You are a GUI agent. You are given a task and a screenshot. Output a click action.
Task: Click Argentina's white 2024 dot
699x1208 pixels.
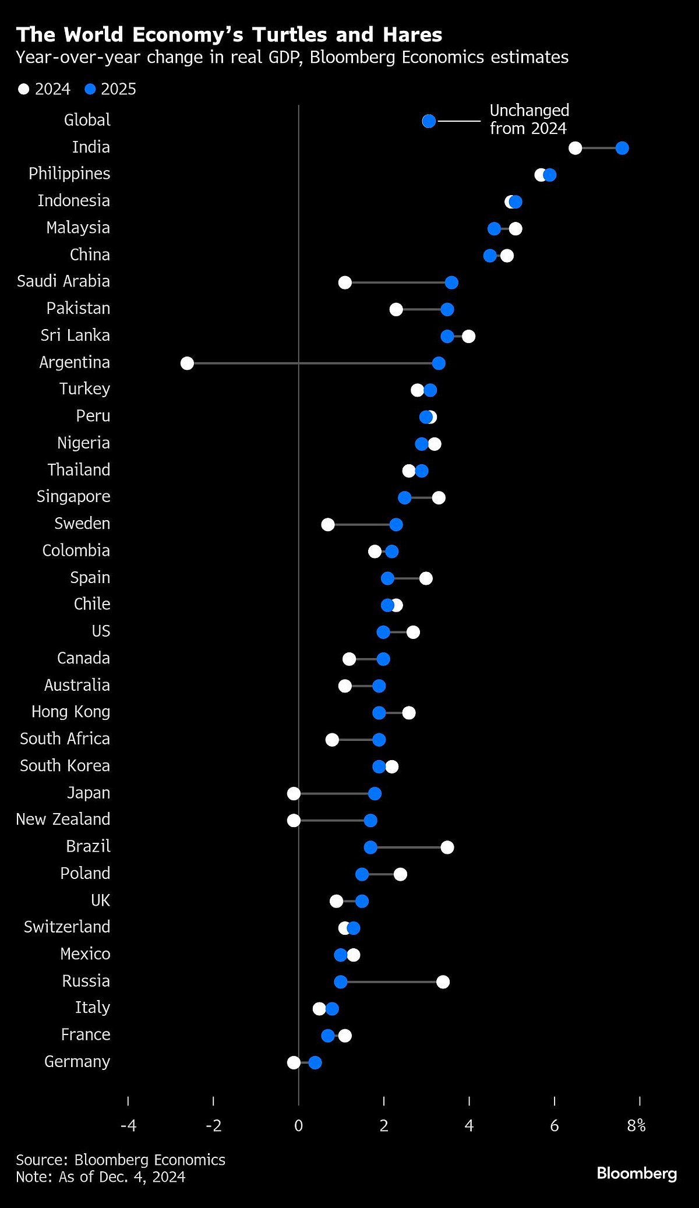[187, 363]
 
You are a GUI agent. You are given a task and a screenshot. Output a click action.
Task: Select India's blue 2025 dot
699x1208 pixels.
[622, 148]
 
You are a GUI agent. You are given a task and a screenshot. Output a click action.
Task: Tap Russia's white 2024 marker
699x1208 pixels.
[443, 982]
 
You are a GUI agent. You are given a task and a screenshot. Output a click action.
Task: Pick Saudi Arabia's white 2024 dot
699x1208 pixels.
[345, 282]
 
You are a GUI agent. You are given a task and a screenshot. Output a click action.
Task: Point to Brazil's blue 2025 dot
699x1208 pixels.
[370, 847]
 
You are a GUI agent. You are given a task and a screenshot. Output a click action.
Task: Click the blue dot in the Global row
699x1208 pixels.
[429, 121]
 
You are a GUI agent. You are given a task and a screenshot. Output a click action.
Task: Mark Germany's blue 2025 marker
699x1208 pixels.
[315, 1062]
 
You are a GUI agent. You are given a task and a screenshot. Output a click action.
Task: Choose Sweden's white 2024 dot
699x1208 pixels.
[328, 524]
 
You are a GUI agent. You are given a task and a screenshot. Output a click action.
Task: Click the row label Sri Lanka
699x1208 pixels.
[75, 335]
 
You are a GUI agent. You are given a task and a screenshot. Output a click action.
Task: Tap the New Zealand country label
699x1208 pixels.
[63, 819]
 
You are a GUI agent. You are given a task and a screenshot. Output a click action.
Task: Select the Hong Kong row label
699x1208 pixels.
[70, 712]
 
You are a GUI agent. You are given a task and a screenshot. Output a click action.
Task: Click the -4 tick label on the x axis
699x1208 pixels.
[128, 1125]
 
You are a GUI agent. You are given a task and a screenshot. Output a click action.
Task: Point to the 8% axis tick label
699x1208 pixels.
[637, 1125]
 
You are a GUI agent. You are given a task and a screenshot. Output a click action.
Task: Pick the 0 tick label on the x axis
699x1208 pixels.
[298, 1125]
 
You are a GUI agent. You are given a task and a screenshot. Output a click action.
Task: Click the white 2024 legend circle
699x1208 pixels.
[23, 89]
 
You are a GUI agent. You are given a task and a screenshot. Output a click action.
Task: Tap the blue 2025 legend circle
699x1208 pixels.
[90, 89]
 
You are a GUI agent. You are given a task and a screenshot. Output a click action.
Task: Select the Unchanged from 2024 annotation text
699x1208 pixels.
[529, 119]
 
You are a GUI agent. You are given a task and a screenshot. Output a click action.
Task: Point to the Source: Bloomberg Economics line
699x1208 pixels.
[121, 1160]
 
